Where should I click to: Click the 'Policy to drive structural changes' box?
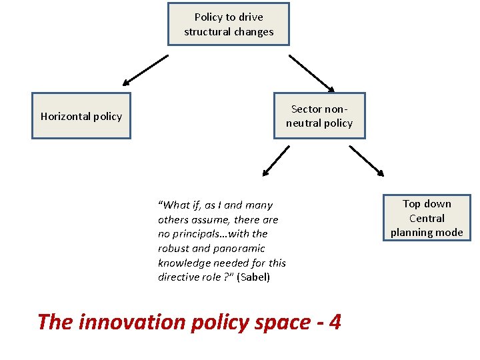(229, 24)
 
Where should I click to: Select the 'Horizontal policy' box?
(81, 116)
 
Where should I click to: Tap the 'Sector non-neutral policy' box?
(319, 115)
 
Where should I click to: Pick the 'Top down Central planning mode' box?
(427, 218)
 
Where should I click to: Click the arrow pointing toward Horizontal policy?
(145, 71)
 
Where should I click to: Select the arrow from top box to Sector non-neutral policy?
(312, 73)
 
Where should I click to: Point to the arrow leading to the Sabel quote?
(275, 161)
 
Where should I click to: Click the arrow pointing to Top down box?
(367, 161)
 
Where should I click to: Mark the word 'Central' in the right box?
(427, 218)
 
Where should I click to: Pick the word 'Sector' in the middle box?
(307, 109)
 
